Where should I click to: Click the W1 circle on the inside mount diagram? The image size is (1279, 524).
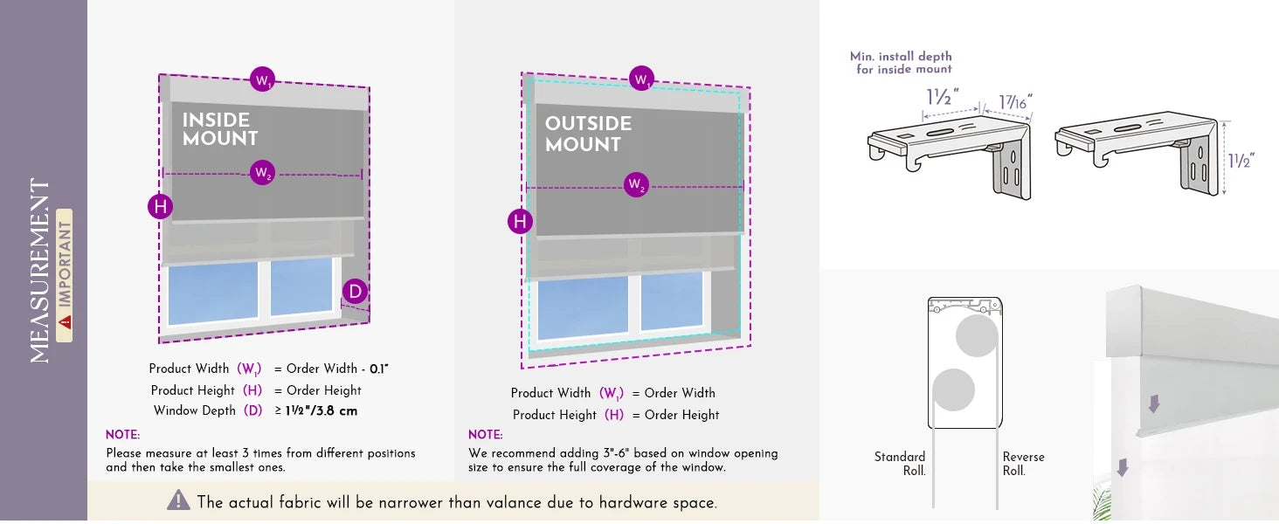(262, 79)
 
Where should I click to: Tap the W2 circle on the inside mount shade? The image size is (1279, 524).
(262, 173)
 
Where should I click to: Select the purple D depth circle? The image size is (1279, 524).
(355, 292)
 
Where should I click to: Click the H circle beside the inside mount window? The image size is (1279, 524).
(160, 207)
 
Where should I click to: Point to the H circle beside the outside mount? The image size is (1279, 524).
(521, 222)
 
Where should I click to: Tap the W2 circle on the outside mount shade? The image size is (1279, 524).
(637, 185)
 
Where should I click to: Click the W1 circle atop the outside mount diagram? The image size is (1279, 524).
(642, 79)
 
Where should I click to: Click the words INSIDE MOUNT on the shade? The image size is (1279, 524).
(220, 129)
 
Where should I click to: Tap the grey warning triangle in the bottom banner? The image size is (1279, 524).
(178, 500)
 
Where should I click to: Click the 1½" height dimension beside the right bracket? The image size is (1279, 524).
(1241, 161)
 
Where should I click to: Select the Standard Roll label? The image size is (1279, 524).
(900, 464)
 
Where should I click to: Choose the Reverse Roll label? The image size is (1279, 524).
(1023, 464)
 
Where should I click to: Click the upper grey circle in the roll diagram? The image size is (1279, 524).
(977, 336)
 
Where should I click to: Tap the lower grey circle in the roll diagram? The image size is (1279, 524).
(953, 390)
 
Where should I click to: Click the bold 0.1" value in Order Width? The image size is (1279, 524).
(378, 369)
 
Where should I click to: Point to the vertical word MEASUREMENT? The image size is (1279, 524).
(40, 271)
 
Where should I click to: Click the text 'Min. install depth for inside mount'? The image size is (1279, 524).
(901, 62)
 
